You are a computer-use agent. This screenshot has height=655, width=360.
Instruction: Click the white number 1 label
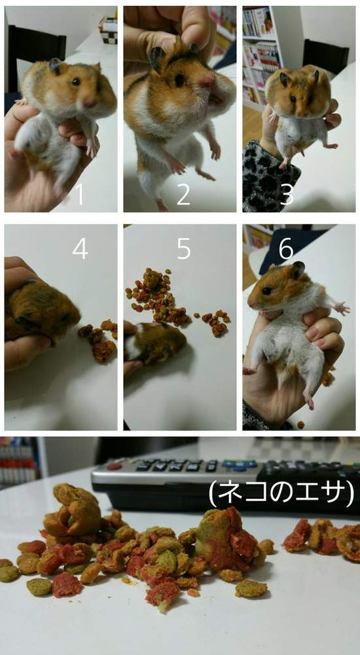coord(80,195)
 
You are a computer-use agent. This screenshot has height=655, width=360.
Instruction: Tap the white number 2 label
coord(183,194)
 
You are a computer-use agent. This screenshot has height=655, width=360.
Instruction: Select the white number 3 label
coord(287,194)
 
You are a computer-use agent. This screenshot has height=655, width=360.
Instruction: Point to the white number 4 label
coord(80,248)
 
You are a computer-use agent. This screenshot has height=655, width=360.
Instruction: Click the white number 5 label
coord(184,248)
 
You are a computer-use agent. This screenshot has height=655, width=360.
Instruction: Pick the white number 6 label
coord(287,248)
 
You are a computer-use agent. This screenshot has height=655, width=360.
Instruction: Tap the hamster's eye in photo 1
coord(76,82)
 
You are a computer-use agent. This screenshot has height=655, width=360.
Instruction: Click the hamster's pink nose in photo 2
coord(207,81)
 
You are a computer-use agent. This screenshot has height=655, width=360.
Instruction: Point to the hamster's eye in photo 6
coord(267,291)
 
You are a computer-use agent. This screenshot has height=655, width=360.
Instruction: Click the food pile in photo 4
coord(100,339)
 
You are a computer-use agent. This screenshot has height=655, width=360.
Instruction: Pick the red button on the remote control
coord(115,467)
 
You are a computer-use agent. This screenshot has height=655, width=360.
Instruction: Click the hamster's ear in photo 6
coord(298,269)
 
